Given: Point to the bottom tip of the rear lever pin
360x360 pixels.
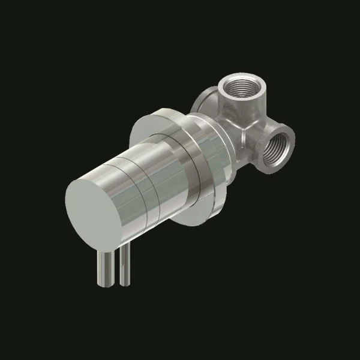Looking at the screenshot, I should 124,280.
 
